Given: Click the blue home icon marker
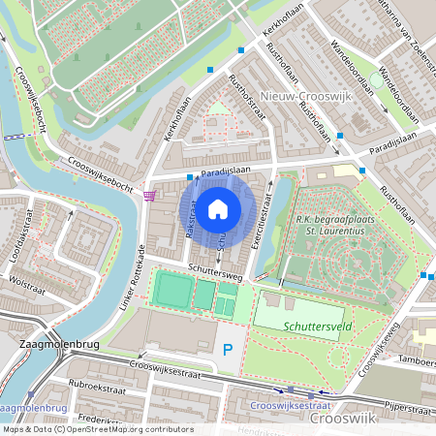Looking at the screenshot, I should (x=218, y=208).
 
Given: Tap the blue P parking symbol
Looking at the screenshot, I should (x=229, y=349).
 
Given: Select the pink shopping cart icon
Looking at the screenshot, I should (x=148, y=195).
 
